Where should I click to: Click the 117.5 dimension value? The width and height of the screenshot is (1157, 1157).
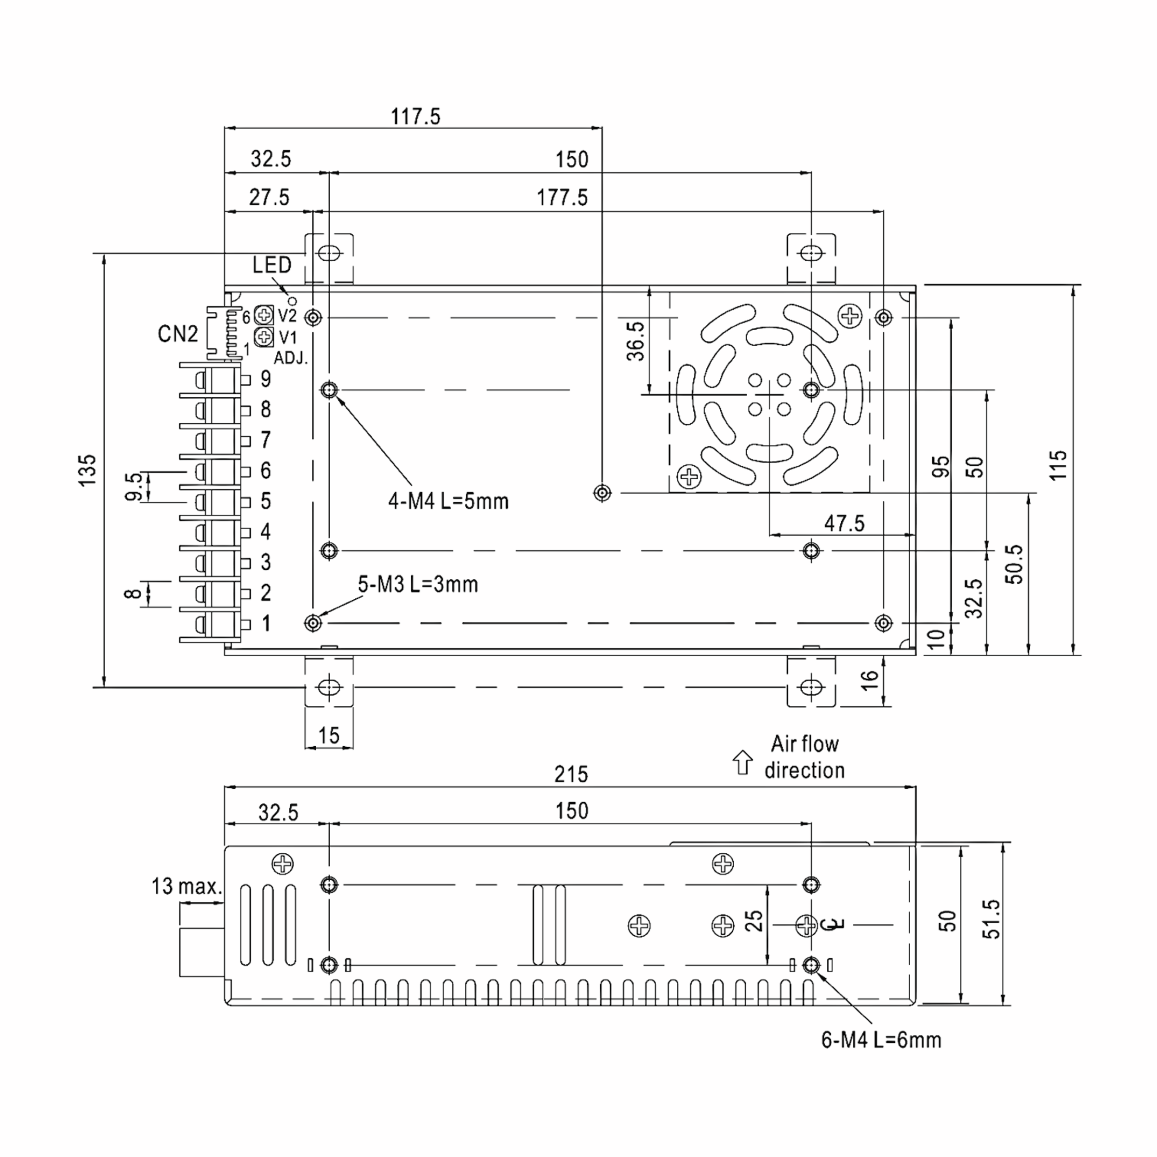(415, 116)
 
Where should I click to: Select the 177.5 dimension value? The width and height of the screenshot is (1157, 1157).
(562, 198)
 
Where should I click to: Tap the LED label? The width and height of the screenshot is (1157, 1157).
(271, 265)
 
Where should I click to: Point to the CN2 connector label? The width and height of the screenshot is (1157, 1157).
(177, 334)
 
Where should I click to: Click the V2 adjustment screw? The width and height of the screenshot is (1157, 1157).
(264, 314)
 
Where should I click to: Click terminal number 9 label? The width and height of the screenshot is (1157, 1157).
(265, 379)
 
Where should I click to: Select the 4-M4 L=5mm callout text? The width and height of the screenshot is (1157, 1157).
(448, 501)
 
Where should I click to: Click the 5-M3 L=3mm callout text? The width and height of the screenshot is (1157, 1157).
(418, 584)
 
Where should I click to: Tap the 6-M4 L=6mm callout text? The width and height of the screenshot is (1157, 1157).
(881, 1040)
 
